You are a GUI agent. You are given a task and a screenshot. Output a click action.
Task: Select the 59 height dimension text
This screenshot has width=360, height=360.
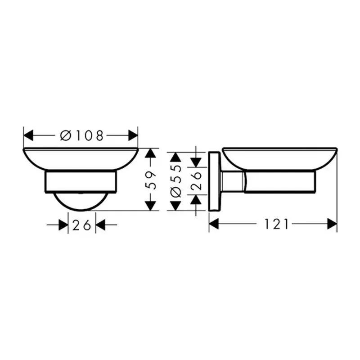point(152,180)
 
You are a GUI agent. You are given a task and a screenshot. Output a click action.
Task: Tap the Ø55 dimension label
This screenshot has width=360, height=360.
point(175,180)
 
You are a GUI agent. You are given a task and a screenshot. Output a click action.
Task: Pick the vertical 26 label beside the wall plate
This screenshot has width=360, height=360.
point(196,180)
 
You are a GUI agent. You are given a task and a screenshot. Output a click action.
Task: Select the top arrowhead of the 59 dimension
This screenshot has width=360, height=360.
point(152,153)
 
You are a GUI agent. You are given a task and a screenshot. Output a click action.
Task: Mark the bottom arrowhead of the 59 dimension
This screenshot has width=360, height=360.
point(152,205)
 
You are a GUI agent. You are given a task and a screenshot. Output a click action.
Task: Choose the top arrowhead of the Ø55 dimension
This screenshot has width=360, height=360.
point(175,157)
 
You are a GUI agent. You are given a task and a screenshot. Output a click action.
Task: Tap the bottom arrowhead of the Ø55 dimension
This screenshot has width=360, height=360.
point(175,206)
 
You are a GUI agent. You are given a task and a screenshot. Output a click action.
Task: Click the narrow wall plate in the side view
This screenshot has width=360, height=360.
point(214,180)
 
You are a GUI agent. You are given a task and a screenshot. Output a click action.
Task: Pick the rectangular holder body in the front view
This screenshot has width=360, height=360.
point(81,181)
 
